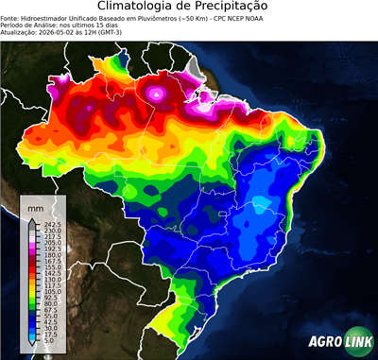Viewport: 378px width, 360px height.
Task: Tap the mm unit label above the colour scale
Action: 35,207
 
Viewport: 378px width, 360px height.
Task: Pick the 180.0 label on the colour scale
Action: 49,256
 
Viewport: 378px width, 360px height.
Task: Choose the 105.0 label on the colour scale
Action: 49,295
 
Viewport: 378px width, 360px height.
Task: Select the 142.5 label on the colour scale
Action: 49,275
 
